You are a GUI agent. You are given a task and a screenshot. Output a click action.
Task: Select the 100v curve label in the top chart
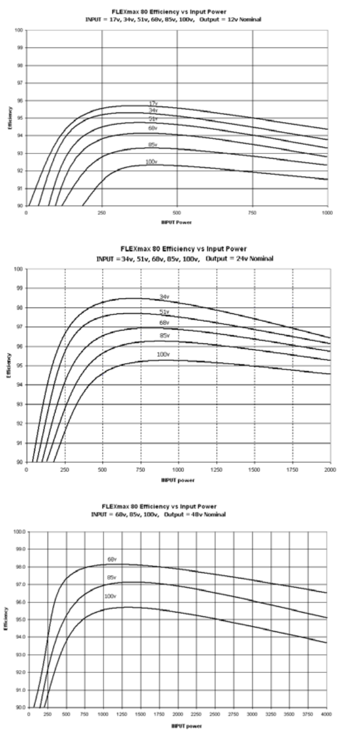(x=152, y=162)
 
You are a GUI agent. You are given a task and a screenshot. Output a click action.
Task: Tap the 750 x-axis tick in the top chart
(x=252, y=213)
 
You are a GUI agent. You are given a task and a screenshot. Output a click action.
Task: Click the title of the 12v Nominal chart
(x=179, y=10)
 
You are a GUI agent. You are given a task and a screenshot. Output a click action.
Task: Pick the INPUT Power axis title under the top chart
(x=177, y=222)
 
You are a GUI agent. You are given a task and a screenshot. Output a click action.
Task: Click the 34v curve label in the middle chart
(x=164, y=297)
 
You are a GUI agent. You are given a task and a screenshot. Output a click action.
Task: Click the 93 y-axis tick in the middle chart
(x=19, y=404)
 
